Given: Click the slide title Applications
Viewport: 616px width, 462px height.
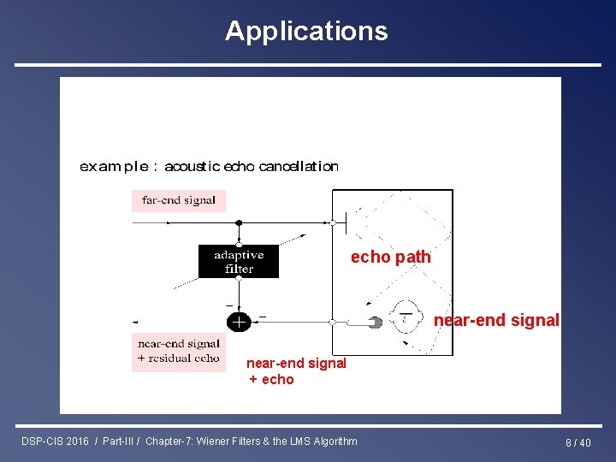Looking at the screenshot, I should [306, 31].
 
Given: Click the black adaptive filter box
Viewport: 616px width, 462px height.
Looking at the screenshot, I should [239, 262].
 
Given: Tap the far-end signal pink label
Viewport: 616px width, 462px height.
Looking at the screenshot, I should [179, 201].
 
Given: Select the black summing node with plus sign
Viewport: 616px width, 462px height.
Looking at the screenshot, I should [239, 322].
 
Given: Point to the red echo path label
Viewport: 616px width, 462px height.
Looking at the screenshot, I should [390, 258].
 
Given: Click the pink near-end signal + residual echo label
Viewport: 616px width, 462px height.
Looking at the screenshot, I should [179, 352].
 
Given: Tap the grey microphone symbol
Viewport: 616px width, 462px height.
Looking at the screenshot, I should [375, 323].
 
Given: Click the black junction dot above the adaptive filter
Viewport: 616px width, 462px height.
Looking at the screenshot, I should [239, 222].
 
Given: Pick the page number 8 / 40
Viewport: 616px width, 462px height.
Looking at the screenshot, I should [577, 442].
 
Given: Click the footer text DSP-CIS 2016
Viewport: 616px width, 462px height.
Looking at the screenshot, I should [55, 441].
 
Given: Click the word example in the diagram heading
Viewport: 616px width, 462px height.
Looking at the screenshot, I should [111, 167].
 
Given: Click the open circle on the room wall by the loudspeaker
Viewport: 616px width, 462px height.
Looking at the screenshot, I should [332, 222].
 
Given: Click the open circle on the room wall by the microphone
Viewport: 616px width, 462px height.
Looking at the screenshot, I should [332, 323].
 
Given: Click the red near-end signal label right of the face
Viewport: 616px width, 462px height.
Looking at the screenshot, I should [496, 321].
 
